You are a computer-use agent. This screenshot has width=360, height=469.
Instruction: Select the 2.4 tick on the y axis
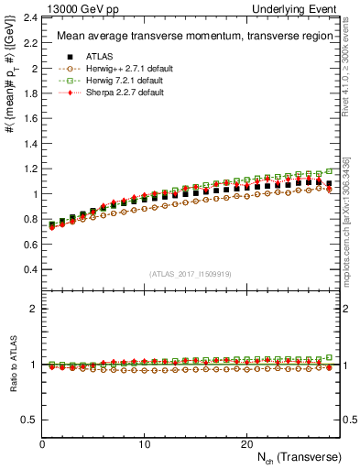point(29,17)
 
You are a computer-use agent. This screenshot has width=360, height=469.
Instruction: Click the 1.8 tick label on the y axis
point(29,93)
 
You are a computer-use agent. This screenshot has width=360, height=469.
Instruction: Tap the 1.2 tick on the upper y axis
point(29,169)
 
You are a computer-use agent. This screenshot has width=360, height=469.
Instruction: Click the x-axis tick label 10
point(144,444)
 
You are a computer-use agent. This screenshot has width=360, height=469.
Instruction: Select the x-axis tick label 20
point(245,444)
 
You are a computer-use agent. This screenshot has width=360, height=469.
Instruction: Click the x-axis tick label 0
point(42,444)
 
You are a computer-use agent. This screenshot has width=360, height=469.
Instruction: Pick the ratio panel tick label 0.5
point(29,420)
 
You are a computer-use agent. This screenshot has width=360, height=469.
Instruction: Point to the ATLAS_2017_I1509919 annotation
point(191,275)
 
